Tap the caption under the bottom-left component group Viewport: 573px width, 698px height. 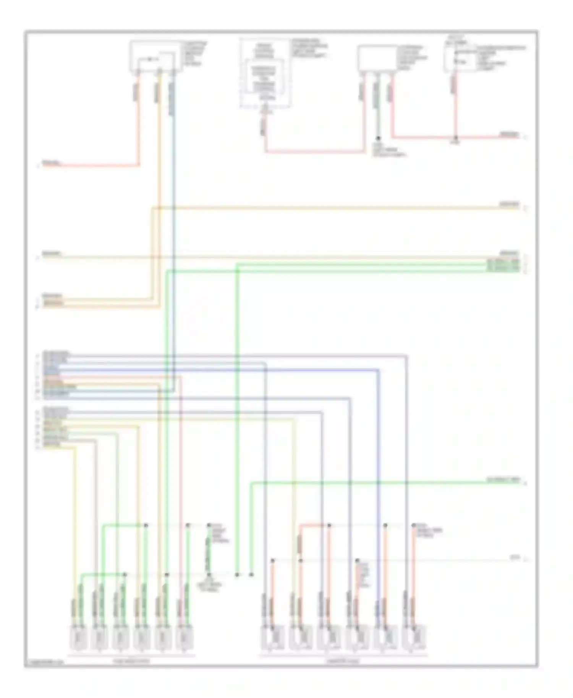131,661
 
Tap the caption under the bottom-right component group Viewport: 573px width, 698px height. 343,661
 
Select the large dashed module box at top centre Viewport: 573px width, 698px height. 264,73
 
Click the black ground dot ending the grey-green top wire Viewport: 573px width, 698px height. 378,138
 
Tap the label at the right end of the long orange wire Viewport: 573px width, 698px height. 510,205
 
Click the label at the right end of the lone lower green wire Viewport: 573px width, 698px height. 503,480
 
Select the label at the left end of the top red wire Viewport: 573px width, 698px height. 52,163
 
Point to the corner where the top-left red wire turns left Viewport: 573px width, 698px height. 138,166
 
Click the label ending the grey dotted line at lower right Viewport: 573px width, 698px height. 515,558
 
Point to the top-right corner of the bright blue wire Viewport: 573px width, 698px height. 378,370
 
